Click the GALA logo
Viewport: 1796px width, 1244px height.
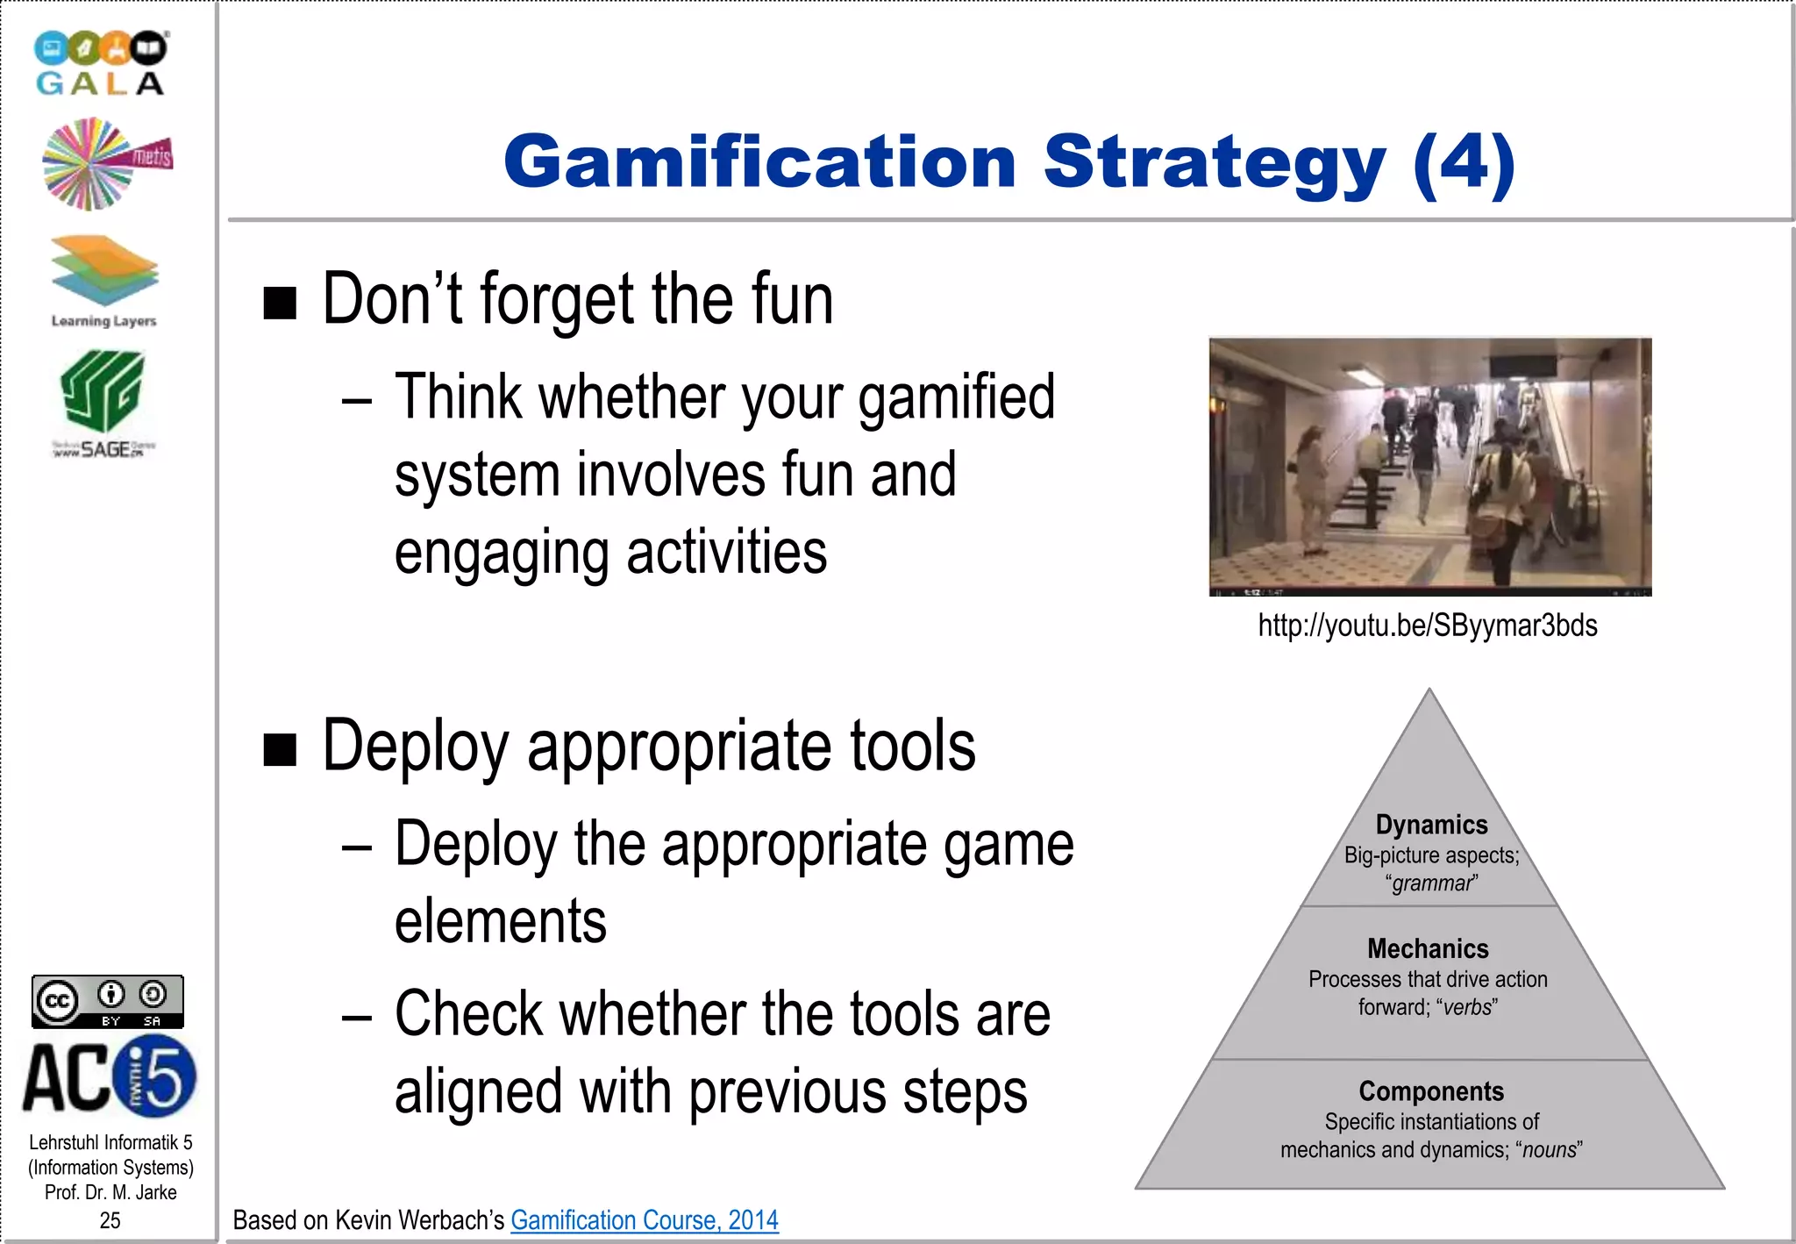tap(100, 63)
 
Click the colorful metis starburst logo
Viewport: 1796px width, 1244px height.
tap(106, 164)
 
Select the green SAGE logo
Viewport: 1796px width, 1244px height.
tap(103, 403)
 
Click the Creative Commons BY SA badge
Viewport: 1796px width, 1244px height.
tap(108, 1001)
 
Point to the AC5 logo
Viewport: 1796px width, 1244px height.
tap(110, 1076)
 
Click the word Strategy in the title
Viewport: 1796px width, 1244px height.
tap(1215, 163)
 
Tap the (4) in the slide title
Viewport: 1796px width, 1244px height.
tap(1465, 163)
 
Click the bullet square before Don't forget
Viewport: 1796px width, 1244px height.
tap(280, 304)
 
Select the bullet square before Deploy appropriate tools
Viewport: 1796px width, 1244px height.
tap(280, 750)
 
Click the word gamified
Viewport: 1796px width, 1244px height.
tap(956, 397)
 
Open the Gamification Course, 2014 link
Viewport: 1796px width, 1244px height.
tap(645, 1219)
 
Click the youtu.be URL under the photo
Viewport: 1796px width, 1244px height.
tap(1428, 626)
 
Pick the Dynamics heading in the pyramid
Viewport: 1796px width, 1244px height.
tap(1431, 825)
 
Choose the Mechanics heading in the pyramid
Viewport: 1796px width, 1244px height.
tap(1428, 948)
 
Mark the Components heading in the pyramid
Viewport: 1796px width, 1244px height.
tap(1431, 1091)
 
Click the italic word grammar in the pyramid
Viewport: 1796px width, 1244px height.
tap(1432, 883)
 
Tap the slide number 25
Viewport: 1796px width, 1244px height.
tap(110, 1220)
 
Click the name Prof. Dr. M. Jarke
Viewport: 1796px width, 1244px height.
tap(110, 1192)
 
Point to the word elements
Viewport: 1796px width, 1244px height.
tap(500, 921)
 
